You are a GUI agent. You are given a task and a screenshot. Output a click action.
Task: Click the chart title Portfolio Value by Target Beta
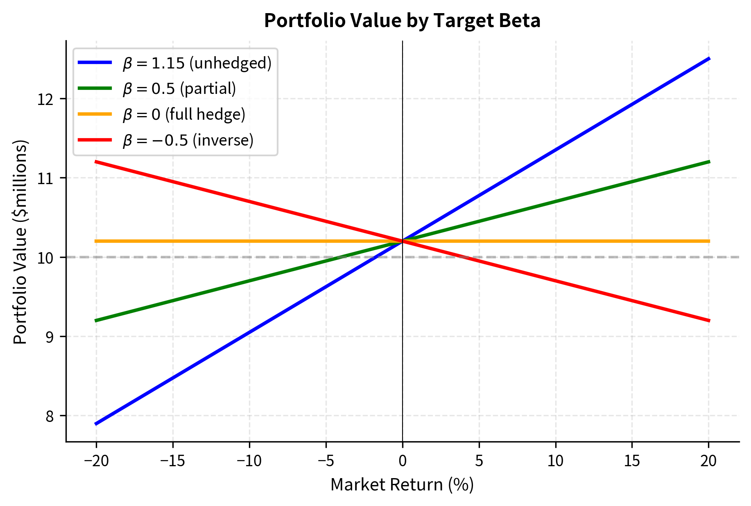pos(402,21)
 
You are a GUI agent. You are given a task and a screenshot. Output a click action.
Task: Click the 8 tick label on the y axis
pos(50,416)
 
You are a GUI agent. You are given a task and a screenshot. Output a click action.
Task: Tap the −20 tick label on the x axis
pos(96,461)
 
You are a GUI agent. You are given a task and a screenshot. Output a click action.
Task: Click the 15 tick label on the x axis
pos(632,461)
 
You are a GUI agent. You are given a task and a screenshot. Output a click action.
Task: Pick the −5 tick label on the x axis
pos(326,461)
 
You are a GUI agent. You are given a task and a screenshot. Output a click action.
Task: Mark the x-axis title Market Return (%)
pos(402,485)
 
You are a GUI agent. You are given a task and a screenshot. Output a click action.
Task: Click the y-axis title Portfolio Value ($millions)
pos(20,242)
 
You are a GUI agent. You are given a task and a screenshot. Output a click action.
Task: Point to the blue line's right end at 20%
pos(709,59)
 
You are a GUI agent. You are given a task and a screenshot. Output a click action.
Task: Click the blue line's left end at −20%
pos(96,424)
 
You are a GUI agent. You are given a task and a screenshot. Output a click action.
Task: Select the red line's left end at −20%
pos(96,162)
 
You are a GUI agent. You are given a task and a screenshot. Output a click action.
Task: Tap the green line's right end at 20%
pos(709,162)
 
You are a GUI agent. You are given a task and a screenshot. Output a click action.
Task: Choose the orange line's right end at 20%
pos(709,241)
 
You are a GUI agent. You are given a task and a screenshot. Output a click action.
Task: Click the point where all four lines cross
pos(403,241)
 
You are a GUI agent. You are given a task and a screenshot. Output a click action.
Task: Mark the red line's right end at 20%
pos(709,320)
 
